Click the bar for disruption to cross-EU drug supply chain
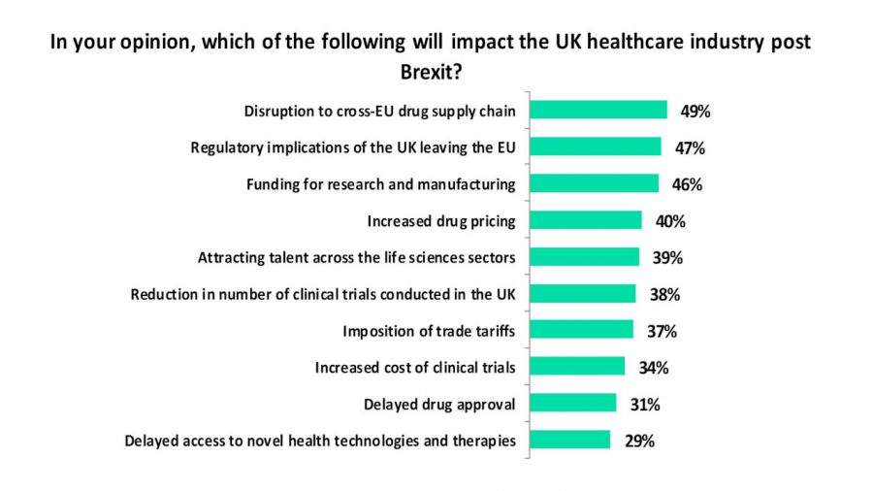coord(598,111)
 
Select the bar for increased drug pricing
coord(585,220)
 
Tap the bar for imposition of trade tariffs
coord(580,330)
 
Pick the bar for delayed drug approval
coord(572,403)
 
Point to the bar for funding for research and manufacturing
coord(594,183)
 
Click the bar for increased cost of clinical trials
coord(576,367)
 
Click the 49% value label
coord(695,111)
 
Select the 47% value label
coord(689,147)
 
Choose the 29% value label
coord(638,440)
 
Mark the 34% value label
coord(653,367)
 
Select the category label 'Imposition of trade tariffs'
coord(429,330)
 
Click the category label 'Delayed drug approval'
coord(438,403)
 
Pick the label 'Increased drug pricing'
coord(440,220)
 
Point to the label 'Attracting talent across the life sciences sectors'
coord(356,257)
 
